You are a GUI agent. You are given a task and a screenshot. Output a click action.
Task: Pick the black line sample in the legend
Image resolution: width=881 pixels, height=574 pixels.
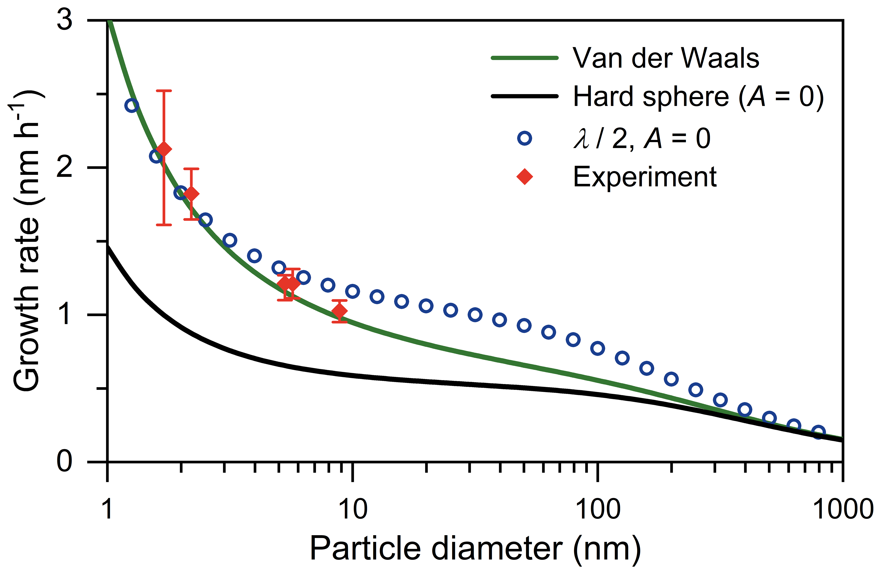(525, 96)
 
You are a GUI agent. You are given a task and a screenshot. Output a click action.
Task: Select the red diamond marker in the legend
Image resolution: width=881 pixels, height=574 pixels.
(525, 177)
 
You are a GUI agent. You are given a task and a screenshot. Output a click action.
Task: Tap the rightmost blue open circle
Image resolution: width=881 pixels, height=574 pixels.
(818, 432)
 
